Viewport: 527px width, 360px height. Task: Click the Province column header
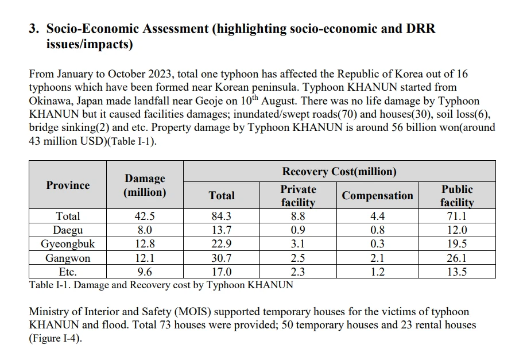coord(68,185)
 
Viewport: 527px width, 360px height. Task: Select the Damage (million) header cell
coord(145,185)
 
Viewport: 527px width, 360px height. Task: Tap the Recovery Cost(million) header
coord(339,172)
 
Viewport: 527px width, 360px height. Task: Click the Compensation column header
coord(377,196)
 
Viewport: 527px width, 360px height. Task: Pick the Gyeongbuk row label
coord(68,243)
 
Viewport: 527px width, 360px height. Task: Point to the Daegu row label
coord(68,230)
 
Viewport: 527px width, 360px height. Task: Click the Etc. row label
coord(68,272)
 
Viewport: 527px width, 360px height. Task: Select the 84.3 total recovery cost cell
coord(222,216)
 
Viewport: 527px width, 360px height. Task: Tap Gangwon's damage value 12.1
coord(145,258)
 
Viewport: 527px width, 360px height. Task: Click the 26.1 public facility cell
coord(457,258)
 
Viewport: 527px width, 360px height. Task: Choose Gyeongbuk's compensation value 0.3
coord(377,243)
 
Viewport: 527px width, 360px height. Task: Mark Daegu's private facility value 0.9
coord(298,230)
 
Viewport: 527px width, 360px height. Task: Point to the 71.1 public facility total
coord(457,216)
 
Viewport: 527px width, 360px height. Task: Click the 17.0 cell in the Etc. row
coord(222,272)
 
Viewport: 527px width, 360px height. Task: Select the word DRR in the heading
coord(421,29)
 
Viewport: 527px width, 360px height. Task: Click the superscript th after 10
coord(255,98)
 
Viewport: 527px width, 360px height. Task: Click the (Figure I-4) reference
coord(55,338)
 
